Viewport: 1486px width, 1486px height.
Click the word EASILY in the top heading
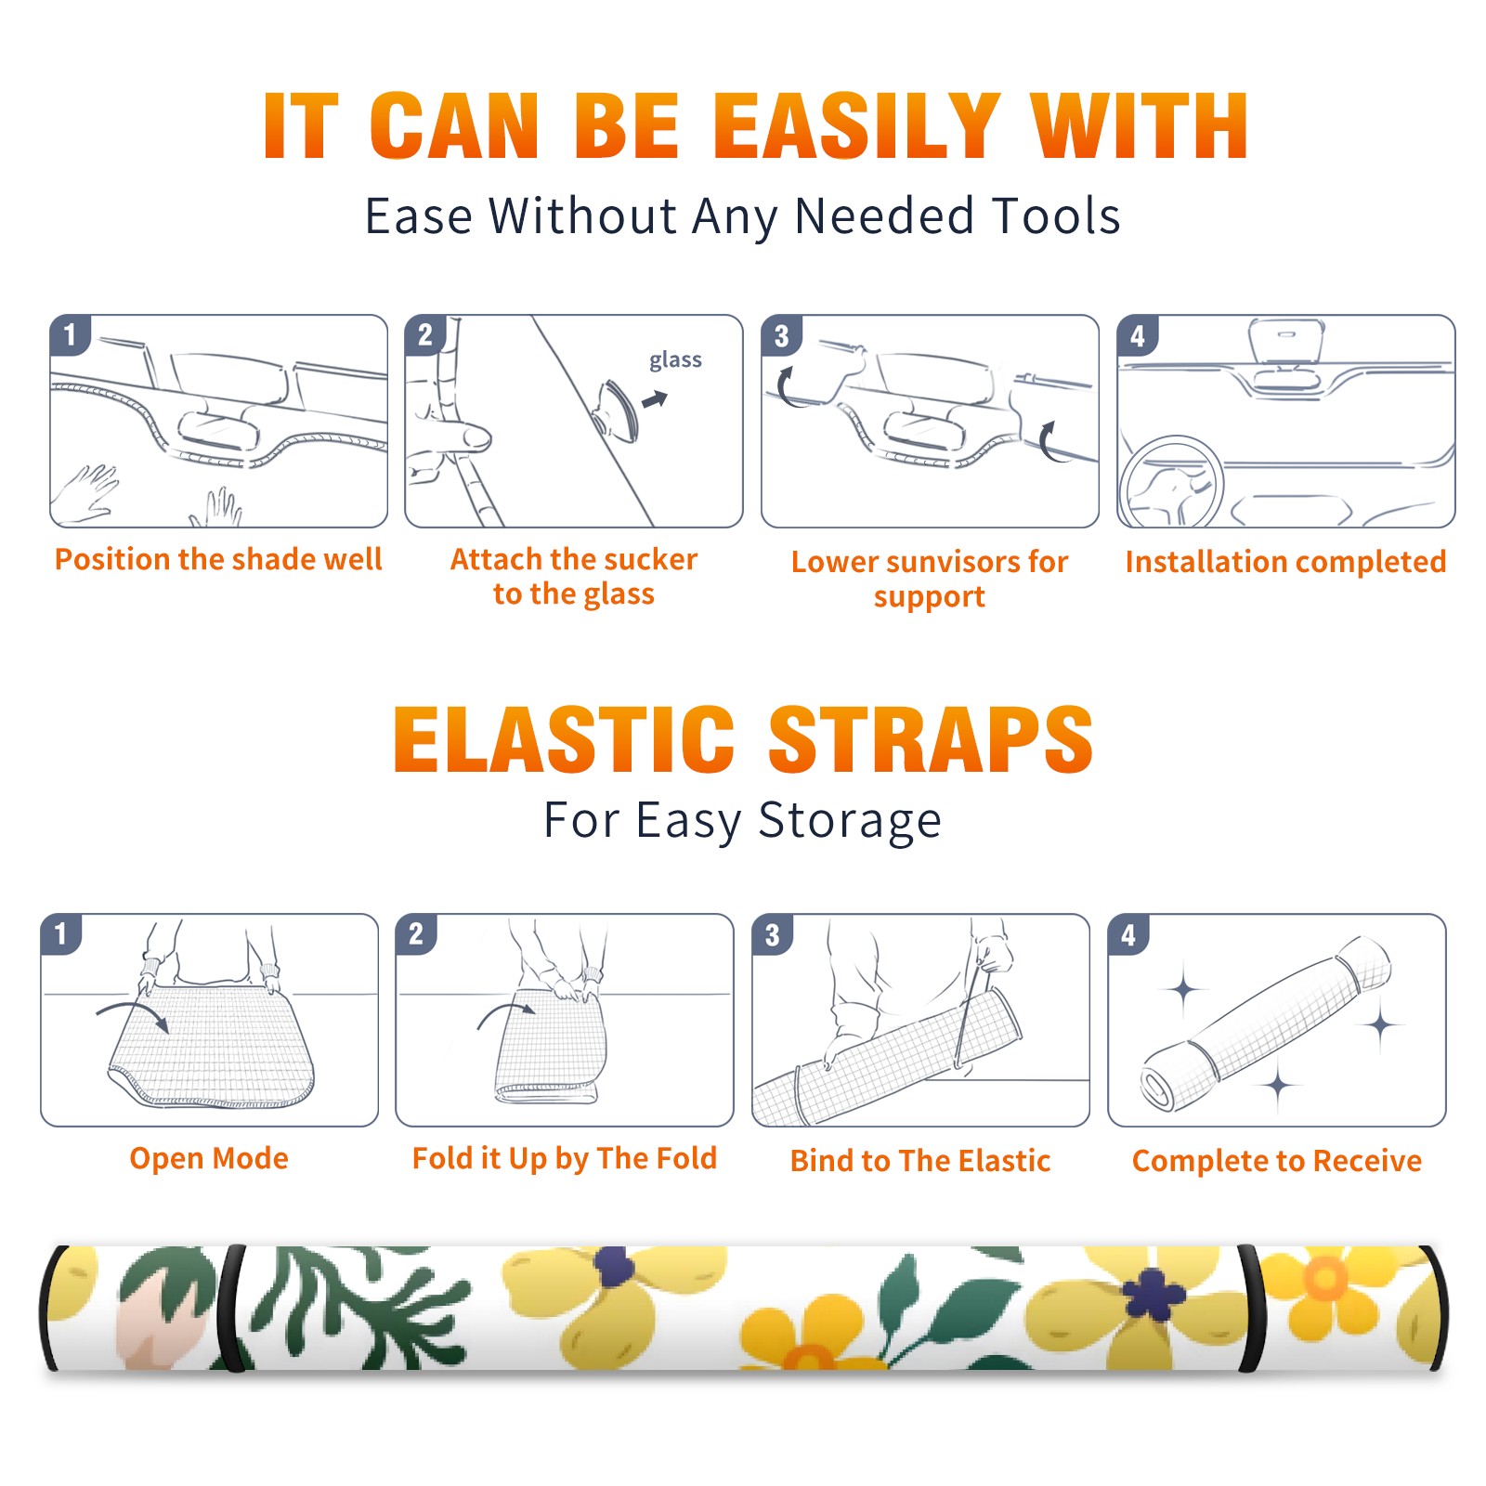click(856, 126)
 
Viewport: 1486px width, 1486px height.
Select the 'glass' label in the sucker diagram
click(675, 360)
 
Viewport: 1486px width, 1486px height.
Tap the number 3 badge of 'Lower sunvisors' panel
click(781, 335)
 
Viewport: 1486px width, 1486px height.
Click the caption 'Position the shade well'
click(218, 559)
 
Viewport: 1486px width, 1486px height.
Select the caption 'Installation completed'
click(1285, 561)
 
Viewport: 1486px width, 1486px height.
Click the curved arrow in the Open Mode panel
click(133, 1013)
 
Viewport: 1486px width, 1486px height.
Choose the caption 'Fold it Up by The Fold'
click(565, 1158)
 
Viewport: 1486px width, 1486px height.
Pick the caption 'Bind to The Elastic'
click(920, 1161)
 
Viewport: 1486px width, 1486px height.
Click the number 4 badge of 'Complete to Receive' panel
click(1128, 934)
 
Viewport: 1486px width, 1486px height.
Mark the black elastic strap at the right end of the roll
click(1251, 1310)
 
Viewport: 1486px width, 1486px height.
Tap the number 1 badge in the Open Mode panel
click(60, 934)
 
